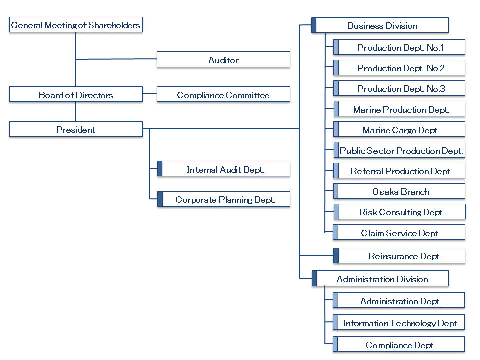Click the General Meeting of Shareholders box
tap(76, 25)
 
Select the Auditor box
tap(224, 59)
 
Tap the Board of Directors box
tap(76, 94)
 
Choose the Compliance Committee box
tap(224, 94)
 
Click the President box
tap(76, 129)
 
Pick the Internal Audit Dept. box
tap(224, 169)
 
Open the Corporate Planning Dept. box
tap(224, 199)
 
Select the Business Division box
tap(380, 25)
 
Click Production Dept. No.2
tap(399, 68)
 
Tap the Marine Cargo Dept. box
tap(399, 129)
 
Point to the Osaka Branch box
tap(399, 191)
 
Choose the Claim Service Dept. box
tap(399, 232)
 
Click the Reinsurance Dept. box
tap(399, 256)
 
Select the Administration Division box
tap(380, 278)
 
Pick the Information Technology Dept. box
tap(399, 322)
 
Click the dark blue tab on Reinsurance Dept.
tap(336, 256)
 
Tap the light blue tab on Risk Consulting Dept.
tap(336, 212)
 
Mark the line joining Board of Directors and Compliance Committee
tap(150, 94)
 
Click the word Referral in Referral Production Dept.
tap(367, 171)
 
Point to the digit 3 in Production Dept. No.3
tap(442, 89)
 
